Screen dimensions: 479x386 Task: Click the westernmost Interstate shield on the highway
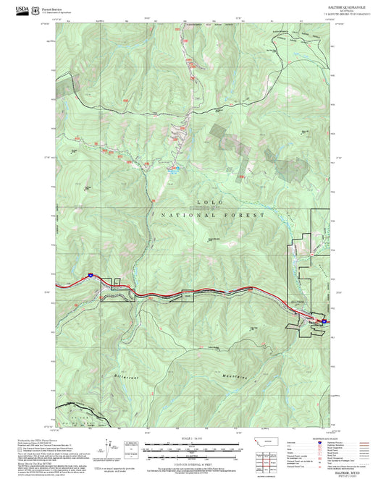coord(91,275)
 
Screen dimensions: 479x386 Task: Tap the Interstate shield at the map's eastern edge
coord(324,321)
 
